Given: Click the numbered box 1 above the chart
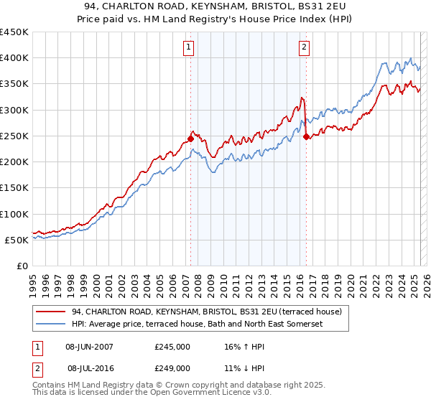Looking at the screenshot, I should (188, 47).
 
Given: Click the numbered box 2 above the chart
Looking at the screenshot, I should (305, 47).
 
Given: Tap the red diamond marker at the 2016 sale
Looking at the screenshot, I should (307, 136).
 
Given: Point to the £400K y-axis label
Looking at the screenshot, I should (14, 58).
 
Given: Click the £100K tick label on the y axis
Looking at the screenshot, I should (14, 214).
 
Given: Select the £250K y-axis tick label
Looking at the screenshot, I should (14, 136).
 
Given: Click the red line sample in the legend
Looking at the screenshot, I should (50, 312).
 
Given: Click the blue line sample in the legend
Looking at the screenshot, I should (50, 324).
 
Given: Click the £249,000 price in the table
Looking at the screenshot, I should (172, 368).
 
